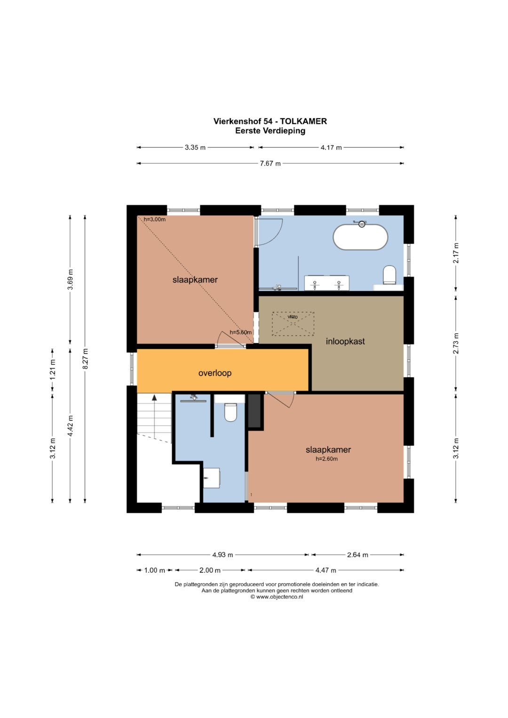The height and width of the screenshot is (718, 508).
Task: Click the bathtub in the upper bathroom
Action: click(x=360, y=237)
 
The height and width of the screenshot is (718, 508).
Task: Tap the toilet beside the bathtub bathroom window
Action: click(x=389, y=275)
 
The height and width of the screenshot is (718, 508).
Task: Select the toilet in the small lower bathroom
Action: click(x=230, y=412)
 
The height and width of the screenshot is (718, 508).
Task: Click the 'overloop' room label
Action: click(x=215, y=373)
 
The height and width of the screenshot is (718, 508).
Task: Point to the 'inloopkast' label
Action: click(x=345, y=341)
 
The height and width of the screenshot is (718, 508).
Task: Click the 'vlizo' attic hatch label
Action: click(x=293, y=317)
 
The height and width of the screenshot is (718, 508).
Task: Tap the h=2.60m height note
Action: click(x=326, y=459)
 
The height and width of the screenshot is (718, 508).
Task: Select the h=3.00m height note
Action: click(x=155, y=220)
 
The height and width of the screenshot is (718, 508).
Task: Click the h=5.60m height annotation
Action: click(x=240, y=332)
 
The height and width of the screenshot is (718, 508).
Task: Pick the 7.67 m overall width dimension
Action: click(x=270, y=164)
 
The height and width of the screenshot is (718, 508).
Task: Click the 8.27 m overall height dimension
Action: click(x=85, y=358)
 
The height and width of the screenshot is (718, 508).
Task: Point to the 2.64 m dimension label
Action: click(x=357, y=555)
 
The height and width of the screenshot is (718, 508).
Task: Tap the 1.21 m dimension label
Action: click(x=53, y=370)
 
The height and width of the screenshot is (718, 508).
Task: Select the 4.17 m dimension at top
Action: click(x=331, y=148)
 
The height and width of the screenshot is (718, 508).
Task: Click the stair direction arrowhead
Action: click(x=154, y=397)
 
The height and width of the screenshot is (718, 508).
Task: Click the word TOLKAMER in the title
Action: click(x=303, y=121)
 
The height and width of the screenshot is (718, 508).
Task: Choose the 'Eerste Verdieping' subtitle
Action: click(x=270, y=131)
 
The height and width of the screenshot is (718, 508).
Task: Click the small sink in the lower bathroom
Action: click(x=211, y=478)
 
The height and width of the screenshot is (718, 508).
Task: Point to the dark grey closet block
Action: click(x=254, y=410)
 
